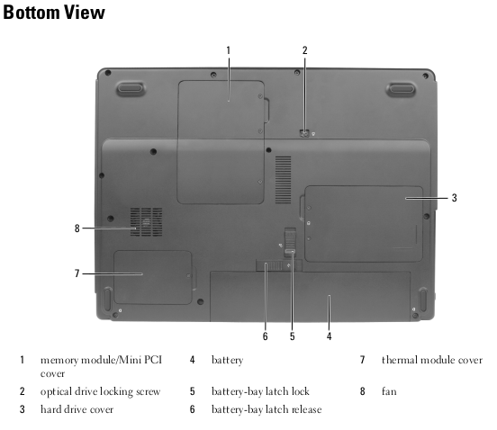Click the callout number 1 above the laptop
pyautogui.click(x=228, y=50)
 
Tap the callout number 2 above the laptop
pyautogui.click(x=304, y=50)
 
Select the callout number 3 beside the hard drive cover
pyautogui.click(x=454, y=198)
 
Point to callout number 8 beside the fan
pyautogui.click(x=77, y=228)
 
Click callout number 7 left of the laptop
pyautogui.click(x=77, y=273)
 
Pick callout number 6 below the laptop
pyautogui.click(x=266, y=336)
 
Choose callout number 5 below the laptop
pyautogui.click(x=293, y=336)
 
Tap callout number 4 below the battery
pyautogui.click(x=329, y=336)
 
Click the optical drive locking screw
pyautogui.click(x=304, y=133)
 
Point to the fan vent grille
pyautogui.click(x=146, y=222)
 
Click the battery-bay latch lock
pyautogui.click(x=290, y=243)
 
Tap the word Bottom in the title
pyautogui.click(x=31, y=13)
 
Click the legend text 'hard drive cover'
pyautogui.click(x=77, y=409)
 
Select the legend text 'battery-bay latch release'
pyautogui.click(x=267, y=409)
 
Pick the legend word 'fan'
pyautogui.click(x=389, y=391)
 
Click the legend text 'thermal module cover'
pyautogui.click(x=432, y=360)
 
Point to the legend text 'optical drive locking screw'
pyautogui.click(x=101, y=391)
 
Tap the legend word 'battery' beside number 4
pyautogui.click(x=227, y=361)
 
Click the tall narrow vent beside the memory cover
pyautogui.click(x=283, y=180)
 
